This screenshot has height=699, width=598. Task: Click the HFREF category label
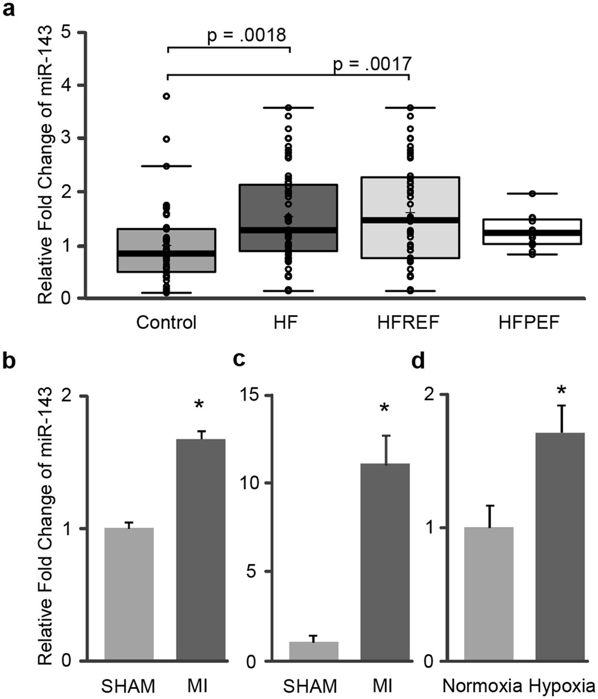(409, 323)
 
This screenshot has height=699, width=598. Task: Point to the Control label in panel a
(166, 323)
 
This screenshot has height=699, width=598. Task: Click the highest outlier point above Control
(167, 96)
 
